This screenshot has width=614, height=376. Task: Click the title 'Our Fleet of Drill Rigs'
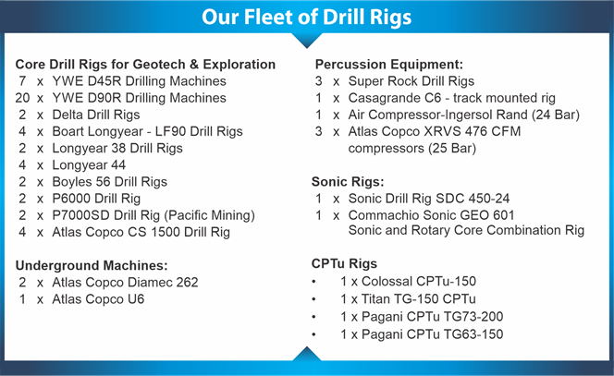pyautogui.click(x=307, y=17)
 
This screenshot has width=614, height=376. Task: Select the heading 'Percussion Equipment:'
pyautogui.click(x=389, y=64)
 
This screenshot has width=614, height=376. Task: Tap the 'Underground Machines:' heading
pyautogui.click(x=92, y=266)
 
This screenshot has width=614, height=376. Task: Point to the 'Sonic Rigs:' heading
pyautogui.click(x=348, y=182)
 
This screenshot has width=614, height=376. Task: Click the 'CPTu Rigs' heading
pyautogui.click(x=344, y=263)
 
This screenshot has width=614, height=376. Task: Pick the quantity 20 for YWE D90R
pyautogui.click(x=23, y=98)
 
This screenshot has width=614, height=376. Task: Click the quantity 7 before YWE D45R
pyautogui.click(x=23, y=81)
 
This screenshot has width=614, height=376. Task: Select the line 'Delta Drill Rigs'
pyautogui.click(x=96, y=115)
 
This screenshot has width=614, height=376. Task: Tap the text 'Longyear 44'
pyautogui.click(x=89, y=165)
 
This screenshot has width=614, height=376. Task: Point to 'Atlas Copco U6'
pyautogui.click(x=98, y=299)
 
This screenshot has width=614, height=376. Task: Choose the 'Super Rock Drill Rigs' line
pyautogui.click(x=411, y=81)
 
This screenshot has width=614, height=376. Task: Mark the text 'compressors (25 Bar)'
pyautogui.click(x=411, y=149)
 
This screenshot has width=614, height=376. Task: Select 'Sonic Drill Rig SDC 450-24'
pyautogui.click(x=429, y=199)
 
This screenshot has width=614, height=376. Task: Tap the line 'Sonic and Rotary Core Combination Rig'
pyautogui.click(x=466, y=230)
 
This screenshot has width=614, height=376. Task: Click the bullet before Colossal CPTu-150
pyautogui.click(x=313, y=282)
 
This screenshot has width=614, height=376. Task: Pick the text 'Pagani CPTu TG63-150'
pyautogui.click(x=433, y=334)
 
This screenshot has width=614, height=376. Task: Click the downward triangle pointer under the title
pyautogui.click(x=307, y=41)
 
